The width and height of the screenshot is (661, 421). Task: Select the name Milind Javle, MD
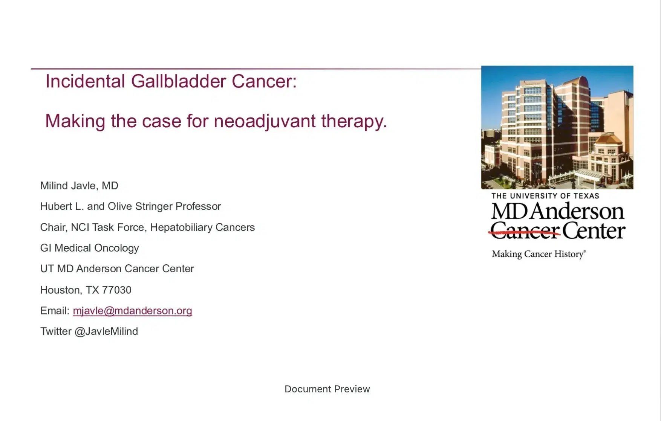pyautogui.click(x=79, y=186)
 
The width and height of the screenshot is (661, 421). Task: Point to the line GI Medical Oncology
pyautogui.click(x=89, y=248)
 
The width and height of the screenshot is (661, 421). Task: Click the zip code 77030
pyautogui.click(x=116, y=290)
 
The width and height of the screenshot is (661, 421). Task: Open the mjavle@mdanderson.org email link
pyautogui.click(x=132, y=311)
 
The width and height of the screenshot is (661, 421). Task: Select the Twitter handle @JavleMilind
pyautogui.click(x=106, y=331)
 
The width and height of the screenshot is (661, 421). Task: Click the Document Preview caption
pyautogui.click(x=327, y=389)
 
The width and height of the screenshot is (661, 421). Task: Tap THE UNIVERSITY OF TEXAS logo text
pyautogui.click(x=545, y=196)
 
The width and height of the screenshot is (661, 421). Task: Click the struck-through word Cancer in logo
pyautogui.click(x=525, y=231)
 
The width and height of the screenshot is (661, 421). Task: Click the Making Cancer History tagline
pyautogui.click(x=538, y=254)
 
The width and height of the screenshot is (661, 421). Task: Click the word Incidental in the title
pyautogui.click(x=85, y=81)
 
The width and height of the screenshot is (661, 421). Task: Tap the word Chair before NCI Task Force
pyautogui.click(x=53, y=227)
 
